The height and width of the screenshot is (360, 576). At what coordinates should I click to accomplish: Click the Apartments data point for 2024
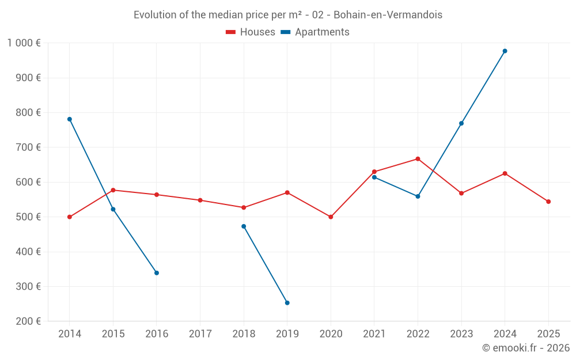coord(505,51)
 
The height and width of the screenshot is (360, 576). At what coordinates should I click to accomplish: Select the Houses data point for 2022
coord(418,159)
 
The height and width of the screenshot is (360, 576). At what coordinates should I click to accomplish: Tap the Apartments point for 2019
coord(287,303)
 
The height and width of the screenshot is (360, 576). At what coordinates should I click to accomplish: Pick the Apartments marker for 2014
coord(70,119)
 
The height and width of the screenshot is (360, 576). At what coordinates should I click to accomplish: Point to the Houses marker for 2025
coord(548,202)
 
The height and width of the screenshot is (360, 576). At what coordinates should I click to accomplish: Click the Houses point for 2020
coord(331,217)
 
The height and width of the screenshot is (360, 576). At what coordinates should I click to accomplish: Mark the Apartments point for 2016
coord(157,273)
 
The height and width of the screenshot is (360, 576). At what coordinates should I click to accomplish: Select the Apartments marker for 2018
coord(244,226)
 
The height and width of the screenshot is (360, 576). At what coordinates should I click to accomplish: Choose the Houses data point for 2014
coord(70,217)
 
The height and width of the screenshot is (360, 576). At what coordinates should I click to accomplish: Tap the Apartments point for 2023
coord(461,123)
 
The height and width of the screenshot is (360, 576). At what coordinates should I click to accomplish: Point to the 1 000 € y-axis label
coord(24,43)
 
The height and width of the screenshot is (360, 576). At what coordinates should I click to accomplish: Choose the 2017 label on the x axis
coord(200,334)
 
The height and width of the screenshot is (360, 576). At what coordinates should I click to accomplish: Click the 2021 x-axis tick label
coord(374,334)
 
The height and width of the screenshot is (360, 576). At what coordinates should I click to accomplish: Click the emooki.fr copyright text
coord(525,348)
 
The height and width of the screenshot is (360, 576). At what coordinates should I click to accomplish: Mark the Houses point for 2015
coord(113,190)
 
